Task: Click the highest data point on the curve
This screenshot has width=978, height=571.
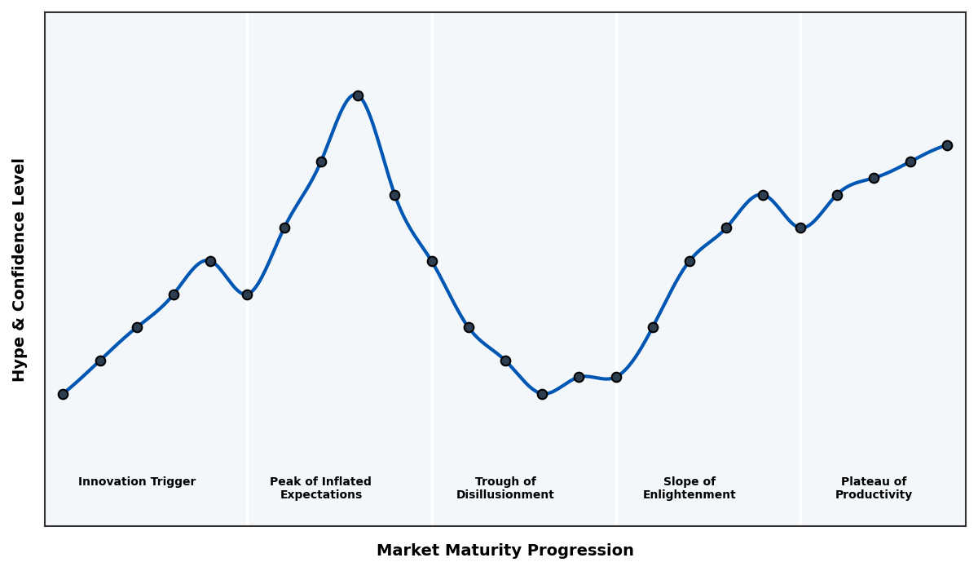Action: click(x=358, y=95)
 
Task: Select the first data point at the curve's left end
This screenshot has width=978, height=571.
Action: click(x=63, y=394)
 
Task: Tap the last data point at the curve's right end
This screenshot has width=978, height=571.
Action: click(x=947, y=145)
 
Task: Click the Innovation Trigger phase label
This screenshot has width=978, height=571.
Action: click(x=137, y=482)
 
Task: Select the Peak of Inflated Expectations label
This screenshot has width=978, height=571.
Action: click(x=320, y=488)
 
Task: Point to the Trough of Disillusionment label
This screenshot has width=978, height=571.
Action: click(x=504, y=488)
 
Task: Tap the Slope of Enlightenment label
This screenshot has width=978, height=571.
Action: click(x=689, y=488)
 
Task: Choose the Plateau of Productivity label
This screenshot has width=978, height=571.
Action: click(x=873, y=488)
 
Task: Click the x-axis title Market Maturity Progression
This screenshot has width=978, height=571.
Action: click(x=504, y=551)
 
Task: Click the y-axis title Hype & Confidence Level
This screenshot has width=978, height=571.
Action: click(x=20, y=269)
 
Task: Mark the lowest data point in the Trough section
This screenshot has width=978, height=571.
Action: click(x=542, y=394)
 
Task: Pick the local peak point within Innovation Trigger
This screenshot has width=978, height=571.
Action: click(x=210, y=261)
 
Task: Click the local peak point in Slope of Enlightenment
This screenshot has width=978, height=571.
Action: click(x=763, y=195)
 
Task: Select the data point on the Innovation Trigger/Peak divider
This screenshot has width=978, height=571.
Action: click(x=247, y=294)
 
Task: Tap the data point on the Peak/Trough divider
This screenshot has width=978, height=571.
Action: click(x=432, y=261)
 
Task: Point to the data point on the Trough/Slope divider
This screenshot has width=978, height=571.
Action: click(x=616, y=377)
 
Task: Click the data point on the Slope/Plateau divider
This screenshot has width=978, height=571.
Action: click(x=800, y=228)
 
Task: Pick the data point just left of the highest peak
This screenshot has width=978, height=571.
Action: click(x=321, y=162)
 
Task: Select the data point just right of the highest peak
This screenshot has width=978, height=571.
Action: click(x=394, y=195)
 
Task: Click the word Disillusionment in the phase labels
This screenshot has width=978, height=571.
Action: click(x=504, y=495)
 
